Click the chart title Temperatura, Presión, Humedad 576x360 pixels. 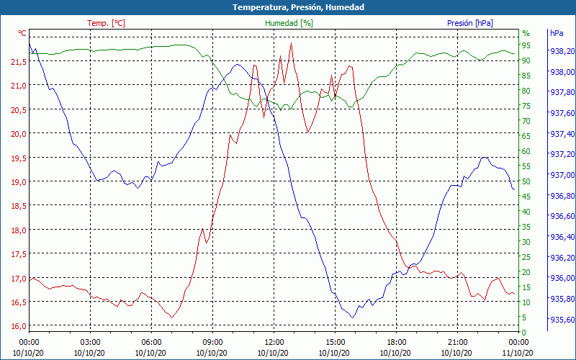pyautogui.click(x=288, y=7)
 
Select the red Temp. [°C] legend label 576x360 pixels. pyautogui.click(x=106, y=23)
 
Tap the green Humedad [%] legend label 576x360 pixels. pyautogui.click(x=289, y=23)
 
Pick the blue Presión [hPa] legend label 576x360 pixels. pyautogui.click(x=470, y=23)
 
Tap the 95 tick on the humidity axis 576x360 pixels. pyautogui.click(x=526, y=45)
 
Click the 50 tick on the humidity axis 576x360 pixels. pyautogui.click(x=526, y=181)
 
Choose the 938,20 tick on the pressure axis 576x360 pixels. pyautogui.click(x=562, y=51)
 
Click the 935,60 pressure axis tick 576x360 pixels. pyautogui.click(x=562, y=320)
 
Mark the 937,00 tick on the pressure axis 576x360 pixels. pyautogui.click(x=562, y=175)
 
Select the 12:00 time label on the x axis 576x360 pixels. pyautogui.click(x=274, y=342)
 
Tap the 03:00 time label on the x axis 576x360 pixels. pyautogui.click(x=90, y=342)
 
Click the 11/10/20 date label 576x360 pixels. pyautogui.click(x=518, y=353)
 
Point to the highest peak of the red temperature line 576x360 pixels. pyautogui.click(x=291, y=43)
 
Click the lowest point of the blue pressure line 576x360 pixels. pyautogui.click(x=353, y=317)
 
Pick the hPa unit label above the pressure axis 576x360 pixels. pyautogui.click(x=557, y=33)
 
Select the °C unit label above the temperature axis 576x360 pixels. pyautogui.click(x=22, y=33)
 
